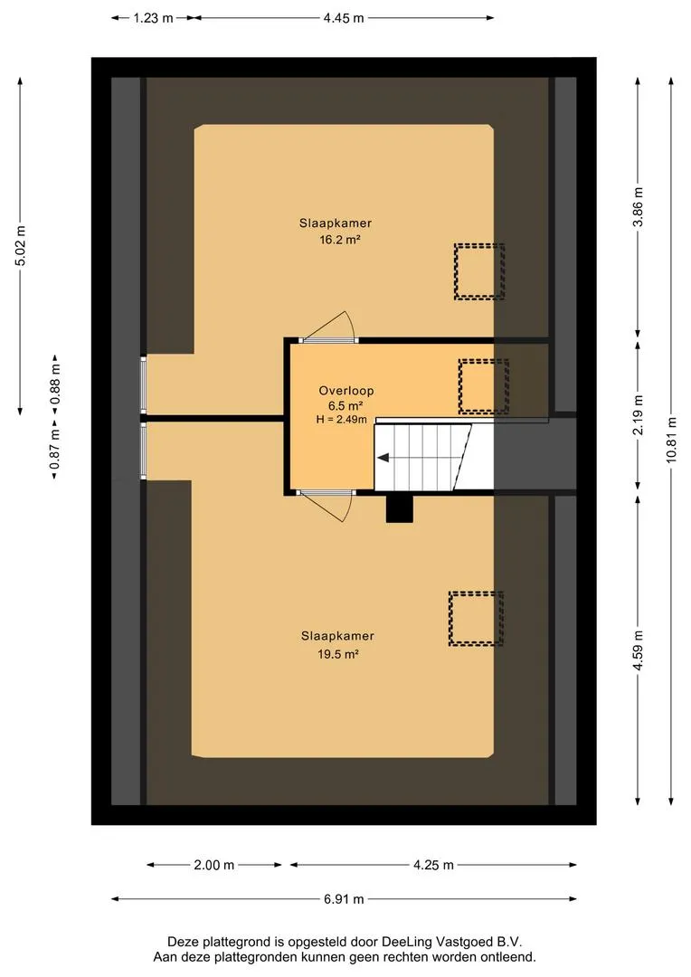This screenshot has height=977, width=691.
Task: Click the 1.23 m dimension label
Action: tap(153, 18)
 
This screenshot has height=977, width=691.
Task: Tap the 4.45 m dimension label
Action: tap(344, 18)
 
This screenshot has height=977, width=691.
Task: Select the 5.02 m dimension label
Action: tap(21, 245)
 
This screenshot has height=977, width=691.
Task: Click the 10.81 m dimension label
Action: tap(671, 440)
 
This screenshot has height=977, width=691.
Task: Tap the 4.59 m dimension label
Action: tap(638, 650)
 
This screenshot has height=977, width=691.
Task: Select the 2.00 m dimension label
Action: tap(214, 865)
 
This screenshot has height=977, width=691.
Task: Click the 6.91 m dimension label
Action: tap(344, 899)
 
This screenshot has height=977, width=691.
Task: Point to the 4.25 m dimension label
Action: tap(433, 865)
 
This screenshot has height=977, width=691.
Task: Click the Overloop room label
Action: tap(346, 391)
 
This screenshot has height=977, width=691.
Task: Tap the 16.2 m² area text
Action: tap(340, 239)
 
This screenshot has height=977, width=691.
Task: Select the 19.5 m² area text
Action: tap(337, 654)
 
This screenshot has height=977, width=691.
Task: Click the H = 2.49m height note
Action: tap(342, 420)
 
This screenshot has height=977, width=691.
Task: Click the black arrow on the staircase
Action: tap(383, 458)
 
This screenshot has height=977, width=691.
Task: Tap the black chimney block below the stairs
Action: tap(400, 507)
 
